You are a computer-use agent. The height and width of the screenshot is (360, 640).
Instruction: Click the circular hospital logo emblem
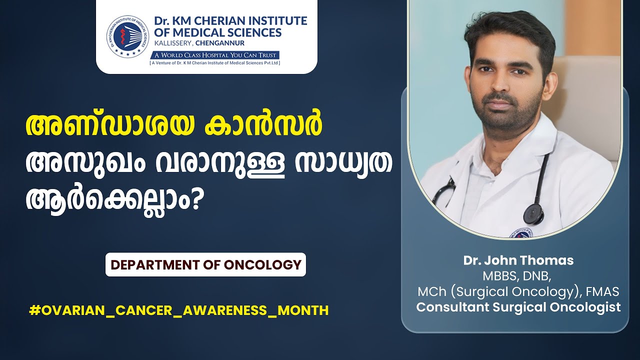128,35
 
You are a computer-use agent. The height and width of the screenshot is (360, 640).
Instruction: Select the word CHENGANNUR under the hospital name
220,43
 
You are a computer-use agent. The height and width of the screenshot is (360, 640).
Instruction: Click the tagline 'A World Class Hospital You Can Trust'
215,55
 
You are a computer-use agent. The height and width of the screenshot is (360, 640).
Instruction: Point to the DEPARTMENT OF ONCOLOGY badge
205,264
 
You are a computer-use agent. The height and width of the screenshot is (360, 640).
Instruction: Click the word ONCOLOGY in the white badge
263,265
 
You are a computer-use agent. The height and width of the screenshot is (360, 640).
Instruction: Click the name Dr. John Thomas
518,260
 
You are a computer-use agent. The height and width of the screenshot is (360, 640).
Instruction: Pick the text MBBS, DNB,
517,276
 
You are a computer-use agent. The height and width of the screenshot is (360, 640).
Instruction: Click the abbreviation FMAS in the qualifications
602,291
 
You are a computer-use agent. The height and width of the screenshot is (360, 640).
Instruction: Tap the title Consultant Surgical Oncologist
518,307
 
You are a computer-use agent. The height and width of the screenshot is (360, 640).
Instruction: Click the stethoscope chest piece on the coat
533,214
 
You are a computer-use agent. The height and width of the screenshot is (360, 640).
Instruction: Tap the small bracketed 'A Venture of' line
215,63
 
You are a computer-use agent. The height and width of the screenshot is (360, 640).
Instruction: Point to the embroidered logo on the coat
520,233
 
